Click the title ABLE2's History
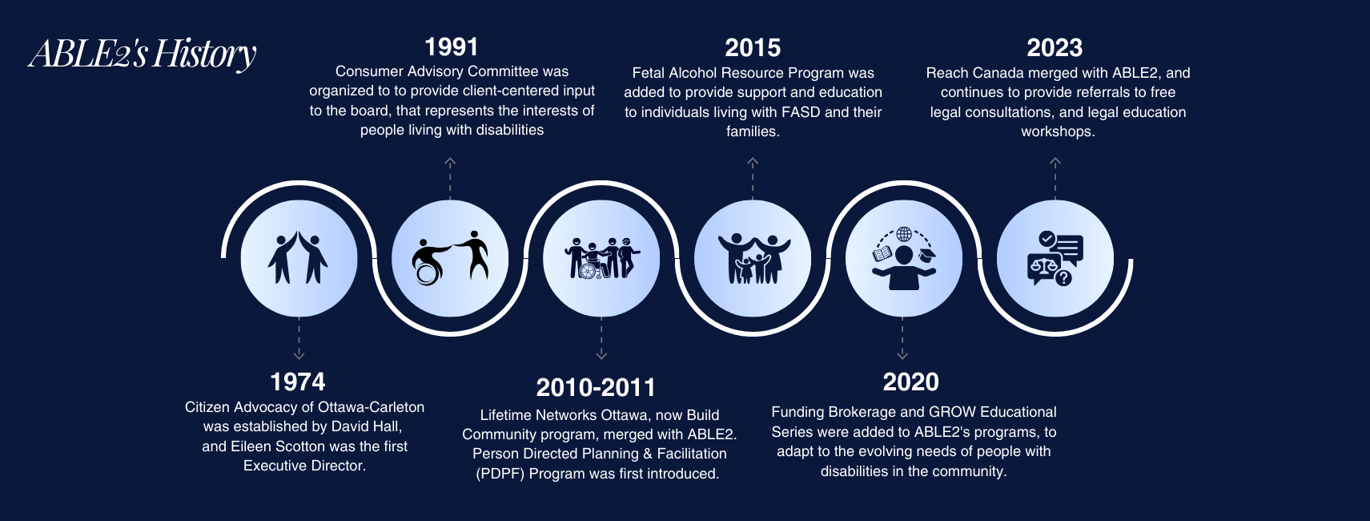click(142, 54)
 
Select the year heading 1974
click(298, 382)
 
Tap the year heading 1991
click(452, 47)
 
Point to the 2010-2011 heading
click(596, 387)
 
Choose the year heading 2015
click(753, 48)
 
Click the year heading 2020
click(910, 382)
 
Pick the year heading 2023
click(1055, 48)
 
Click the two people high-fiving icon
click(298, 258)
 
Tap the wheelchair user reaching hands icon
click(451, 258)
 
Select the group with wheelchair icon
click(602, 258)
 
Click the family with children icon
click(753, 258)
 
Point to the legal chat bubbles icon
click(1055, 258)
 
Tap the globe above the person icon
click(904, 234)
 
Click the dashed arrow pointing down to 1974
click(299, 338)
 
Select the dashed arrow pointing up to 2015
click(753, 178)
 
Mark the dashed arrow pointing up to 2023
click(1055, 178)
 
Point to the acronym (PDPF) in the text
click(500, 474)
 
